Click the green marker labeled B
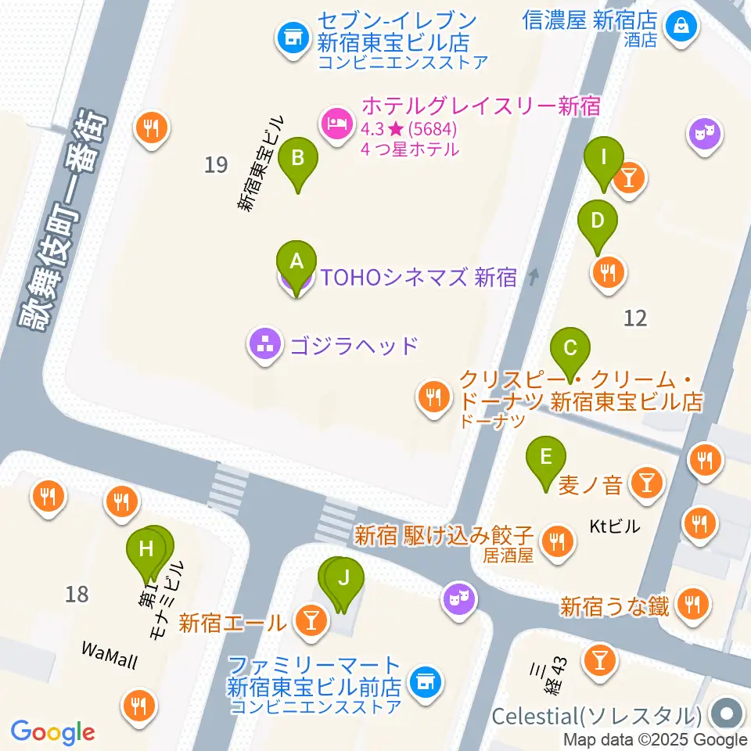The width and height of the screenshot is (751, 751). coord(298,159)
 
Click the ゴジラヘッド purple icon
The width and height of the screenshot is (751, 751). coord(263,343)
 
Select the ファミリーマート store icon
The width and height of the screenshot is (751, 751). coord(425,680)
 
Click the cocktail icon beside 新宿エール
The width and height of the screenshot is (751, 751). coord(310,622)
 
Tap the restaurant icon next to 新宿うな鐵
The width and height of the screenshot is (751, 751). coord(692,603)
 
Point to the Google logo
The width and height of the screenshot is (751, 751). coord(52,732)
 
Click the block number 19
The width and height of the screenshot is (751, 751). coord(216,165)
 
